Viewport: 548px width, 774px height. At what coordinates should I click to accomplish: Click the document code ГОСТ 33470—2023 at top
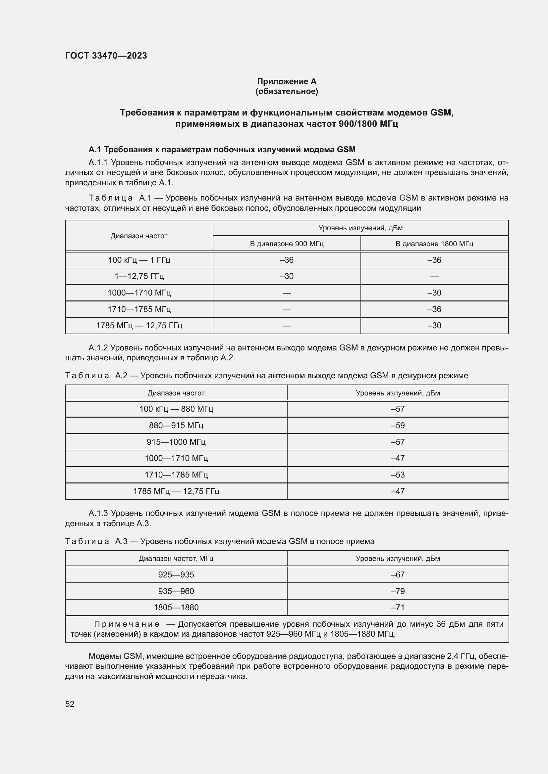[106, 56]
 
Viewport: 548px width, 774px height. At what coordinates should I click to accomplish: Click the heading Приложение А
[287, 81]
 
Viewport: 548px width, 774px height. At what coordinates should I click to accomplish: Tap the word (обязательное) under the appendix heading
[287, 91]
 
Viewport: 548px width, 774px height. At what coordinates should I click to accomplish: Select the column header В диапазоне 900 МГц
[287, 244]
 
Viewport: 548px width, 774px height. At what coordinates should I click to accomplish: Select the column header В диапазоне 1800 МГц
[434, 244]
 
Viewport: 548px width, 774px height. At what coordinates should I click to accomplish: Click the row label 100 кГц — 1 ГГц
[139, 260]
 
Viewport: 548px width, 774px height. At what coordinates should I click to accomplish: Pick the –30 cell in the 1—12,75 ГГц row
[287, 276]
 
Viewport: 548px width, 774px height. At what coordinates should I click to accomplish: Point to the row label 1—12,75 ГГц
[139, 276]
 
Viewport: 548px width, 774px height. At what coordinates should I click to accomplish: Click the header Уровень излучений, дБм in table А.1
[360, 228]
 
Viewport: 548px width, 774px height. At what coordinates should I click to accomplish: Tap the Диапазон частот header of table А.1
[139, 236]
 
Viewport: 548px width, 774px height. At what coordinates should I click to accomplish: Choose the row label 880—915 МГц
[176, 426]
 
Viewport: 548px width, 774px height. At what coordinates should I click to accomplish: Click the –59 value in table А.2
[398, 426]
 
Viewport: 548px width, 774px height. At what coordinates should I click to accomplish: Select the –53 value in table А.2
[398, 475]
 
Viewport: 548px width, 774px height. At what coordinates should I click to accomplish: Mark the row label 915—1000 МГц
[176, 442]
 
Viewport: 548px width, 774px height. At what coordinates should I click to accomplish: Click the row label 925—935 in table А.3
[176, 575]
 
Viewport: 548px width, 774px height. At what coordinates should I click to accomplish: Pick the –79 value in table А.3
[398, 591]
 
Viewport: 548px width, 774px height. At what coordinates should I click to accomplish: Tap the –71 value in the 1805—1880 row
[398, 608]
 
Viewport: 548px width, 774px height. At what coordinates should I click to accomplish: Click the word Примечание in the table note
[127, 624]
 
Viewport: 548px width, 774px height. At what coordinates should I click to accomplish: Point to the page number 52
[70, 704]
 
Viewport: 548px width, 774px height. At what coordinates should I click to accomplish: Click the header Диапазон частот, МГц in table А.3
[176, 559]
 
